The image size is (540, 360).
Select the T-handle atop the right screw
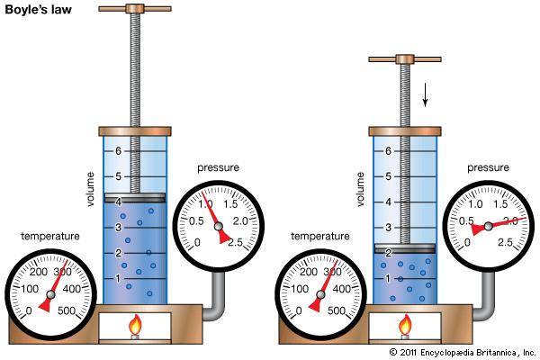[406, 60]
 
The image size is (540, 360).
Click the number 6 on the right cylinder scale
[386, 151]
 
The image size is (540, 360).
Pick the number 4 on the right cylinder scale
[386, 202]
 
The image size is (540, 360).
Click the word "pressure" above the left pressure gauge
[220, 167]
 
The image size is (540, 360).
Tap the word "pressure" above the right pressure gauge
[489, 167]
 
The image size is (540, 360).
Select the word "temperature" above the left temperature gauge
[50, 237]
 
